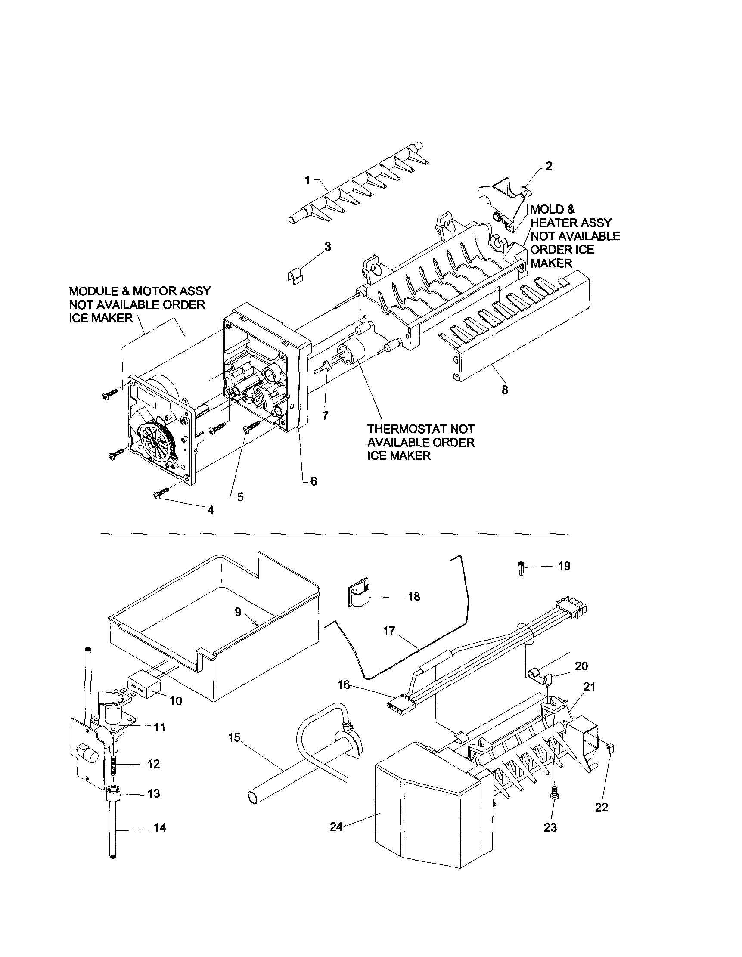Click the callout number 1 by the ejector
pyautogui.click(x=307, y=180)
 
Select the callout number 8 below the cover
pyautogui.click(x=505, y=390)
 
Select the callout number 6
pyautogui.click(x=314, y=481)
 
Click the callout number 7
pyautogui.click(x=325, y=415)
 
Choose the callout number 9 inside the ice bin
pyautogui.click(x=238, y=612)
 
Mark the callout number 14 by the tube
pyautogui.click(x=160, y=827)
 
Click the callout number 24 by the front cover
pyautogui.click(x=336, y=827)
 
